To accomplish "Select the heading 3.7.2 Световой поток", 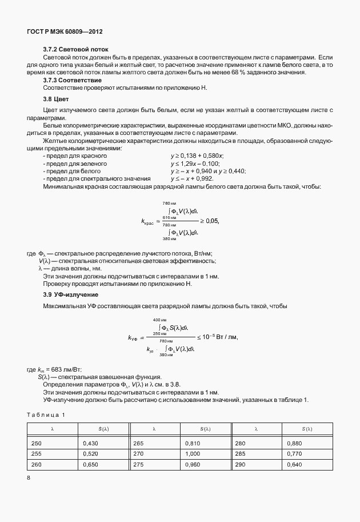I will click(x=76, y=50).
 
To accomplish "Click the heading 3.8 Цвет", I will click(x=56, y=99).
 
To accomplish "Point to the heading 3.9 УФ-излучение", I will click(x=71, y=294).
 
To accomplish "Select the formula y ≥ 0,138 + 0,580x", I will click(x=197, y=156).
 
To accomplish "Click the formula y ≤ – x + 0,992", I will click(x=195, y=178).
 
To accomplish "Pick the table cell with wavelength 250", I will click(x=36, y=443).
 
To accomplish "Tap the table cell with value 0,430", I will click(x=91, y=443).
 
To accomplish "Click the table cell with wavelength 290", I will click(x=239, y=464).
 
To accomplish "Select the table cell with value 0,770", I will click(x=294, y=453).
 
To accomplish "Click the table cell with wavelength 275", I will click(x=138, y=464).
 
